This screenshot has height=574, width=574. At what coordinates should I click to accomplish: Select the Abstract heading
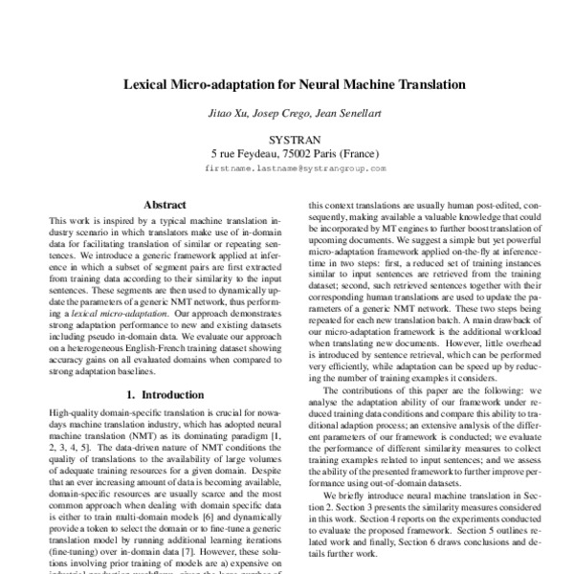point(164,204)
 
